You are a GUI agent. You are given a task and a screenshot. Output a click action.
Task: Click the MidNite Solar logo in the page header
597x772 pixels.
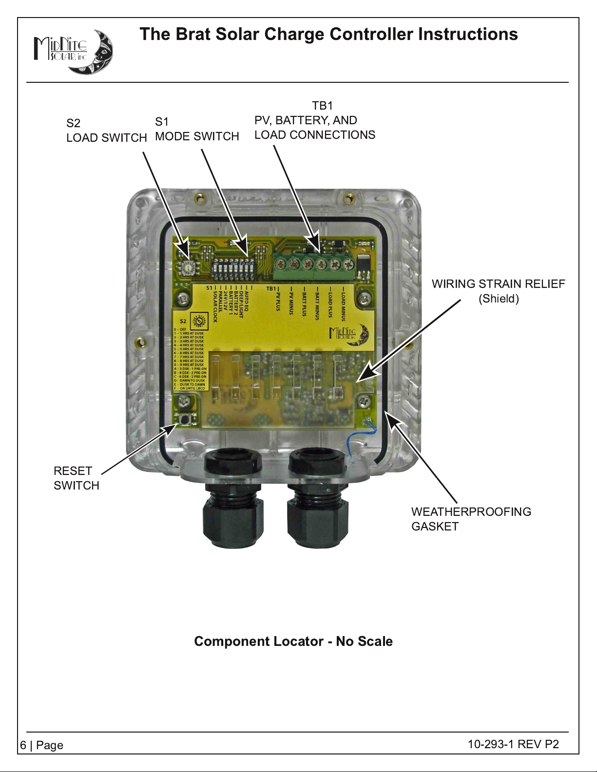click(73, 52)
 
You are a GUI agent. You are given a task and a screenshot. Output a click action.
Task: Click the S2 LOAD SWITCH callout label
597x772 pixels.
click(106, 131)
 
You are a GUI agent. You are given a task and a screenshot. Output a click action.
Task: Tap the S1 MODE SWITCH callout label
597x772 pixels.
click(196, 129)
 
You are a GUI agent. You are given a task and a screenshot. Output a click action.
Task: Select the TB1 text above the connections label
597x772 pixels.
click(322, 106)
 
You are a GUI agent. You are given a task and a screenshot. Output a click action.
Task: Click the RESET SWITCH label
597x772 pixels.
click(76, 478)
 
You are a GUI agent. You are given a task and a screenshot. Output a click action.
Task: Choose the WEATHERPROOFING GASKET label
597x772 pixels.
click(471, 519)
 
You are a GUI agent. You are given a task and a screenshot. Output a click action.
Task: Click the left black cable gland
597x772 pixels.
click(232, 499)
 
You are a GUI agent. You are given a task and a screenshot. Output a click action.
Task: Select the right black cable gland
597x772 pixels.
click(317, 499)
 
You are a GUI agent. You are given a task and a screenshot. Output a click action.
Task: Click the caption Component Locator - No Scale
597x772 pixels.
click(293, 641)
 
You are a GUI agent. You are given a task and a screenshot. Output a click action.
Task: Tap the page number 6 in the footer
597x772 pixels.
click(23, 745)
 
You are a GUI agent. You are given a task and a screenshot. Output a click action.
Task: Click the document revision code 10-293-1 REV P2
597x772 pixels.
click(513, 744)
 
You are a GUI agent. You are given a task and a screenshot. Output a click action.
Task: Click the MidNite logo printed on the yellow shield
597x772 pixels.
click(348, 335)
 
